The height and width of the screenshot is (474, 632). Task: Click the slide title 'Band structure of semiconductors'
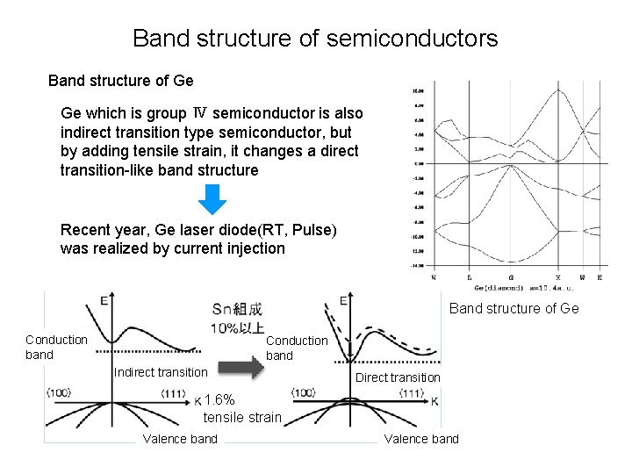(315, 39)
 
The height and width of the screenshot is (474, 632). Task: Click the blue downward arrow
(212, 198)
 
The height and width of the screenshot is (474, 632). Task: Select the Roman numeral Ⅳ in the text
(200, 113)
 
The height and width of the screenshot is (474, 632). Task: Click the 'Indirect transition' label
(161, 372)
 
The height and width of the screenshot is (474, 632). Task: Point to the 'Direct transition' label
(398, 377)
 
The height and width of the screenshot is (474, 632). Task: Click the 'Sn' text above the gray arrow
(223, 310)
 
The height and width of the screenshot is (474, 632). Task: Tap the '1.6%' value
(219, 400)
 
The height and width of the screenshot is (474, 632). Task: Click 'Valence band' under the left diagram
(180, 439)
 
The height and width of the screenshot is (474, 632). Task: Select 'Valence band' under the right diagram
(421, 439)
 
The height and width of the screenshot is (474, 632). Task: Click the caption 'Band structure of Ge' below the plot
(513, 308)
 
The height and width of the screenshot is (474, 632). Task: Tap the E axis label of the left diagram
(104, 301)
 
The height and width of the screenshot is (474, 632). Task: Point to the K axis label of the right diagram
(435, 400)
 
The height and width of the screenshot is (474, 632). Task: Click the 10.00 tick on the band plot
(418, 90)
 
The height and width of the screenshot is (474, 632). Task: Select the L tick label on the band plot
(470, 277)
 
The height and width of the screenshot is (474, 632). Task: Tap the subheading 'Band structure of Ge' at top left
(120, 81)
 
